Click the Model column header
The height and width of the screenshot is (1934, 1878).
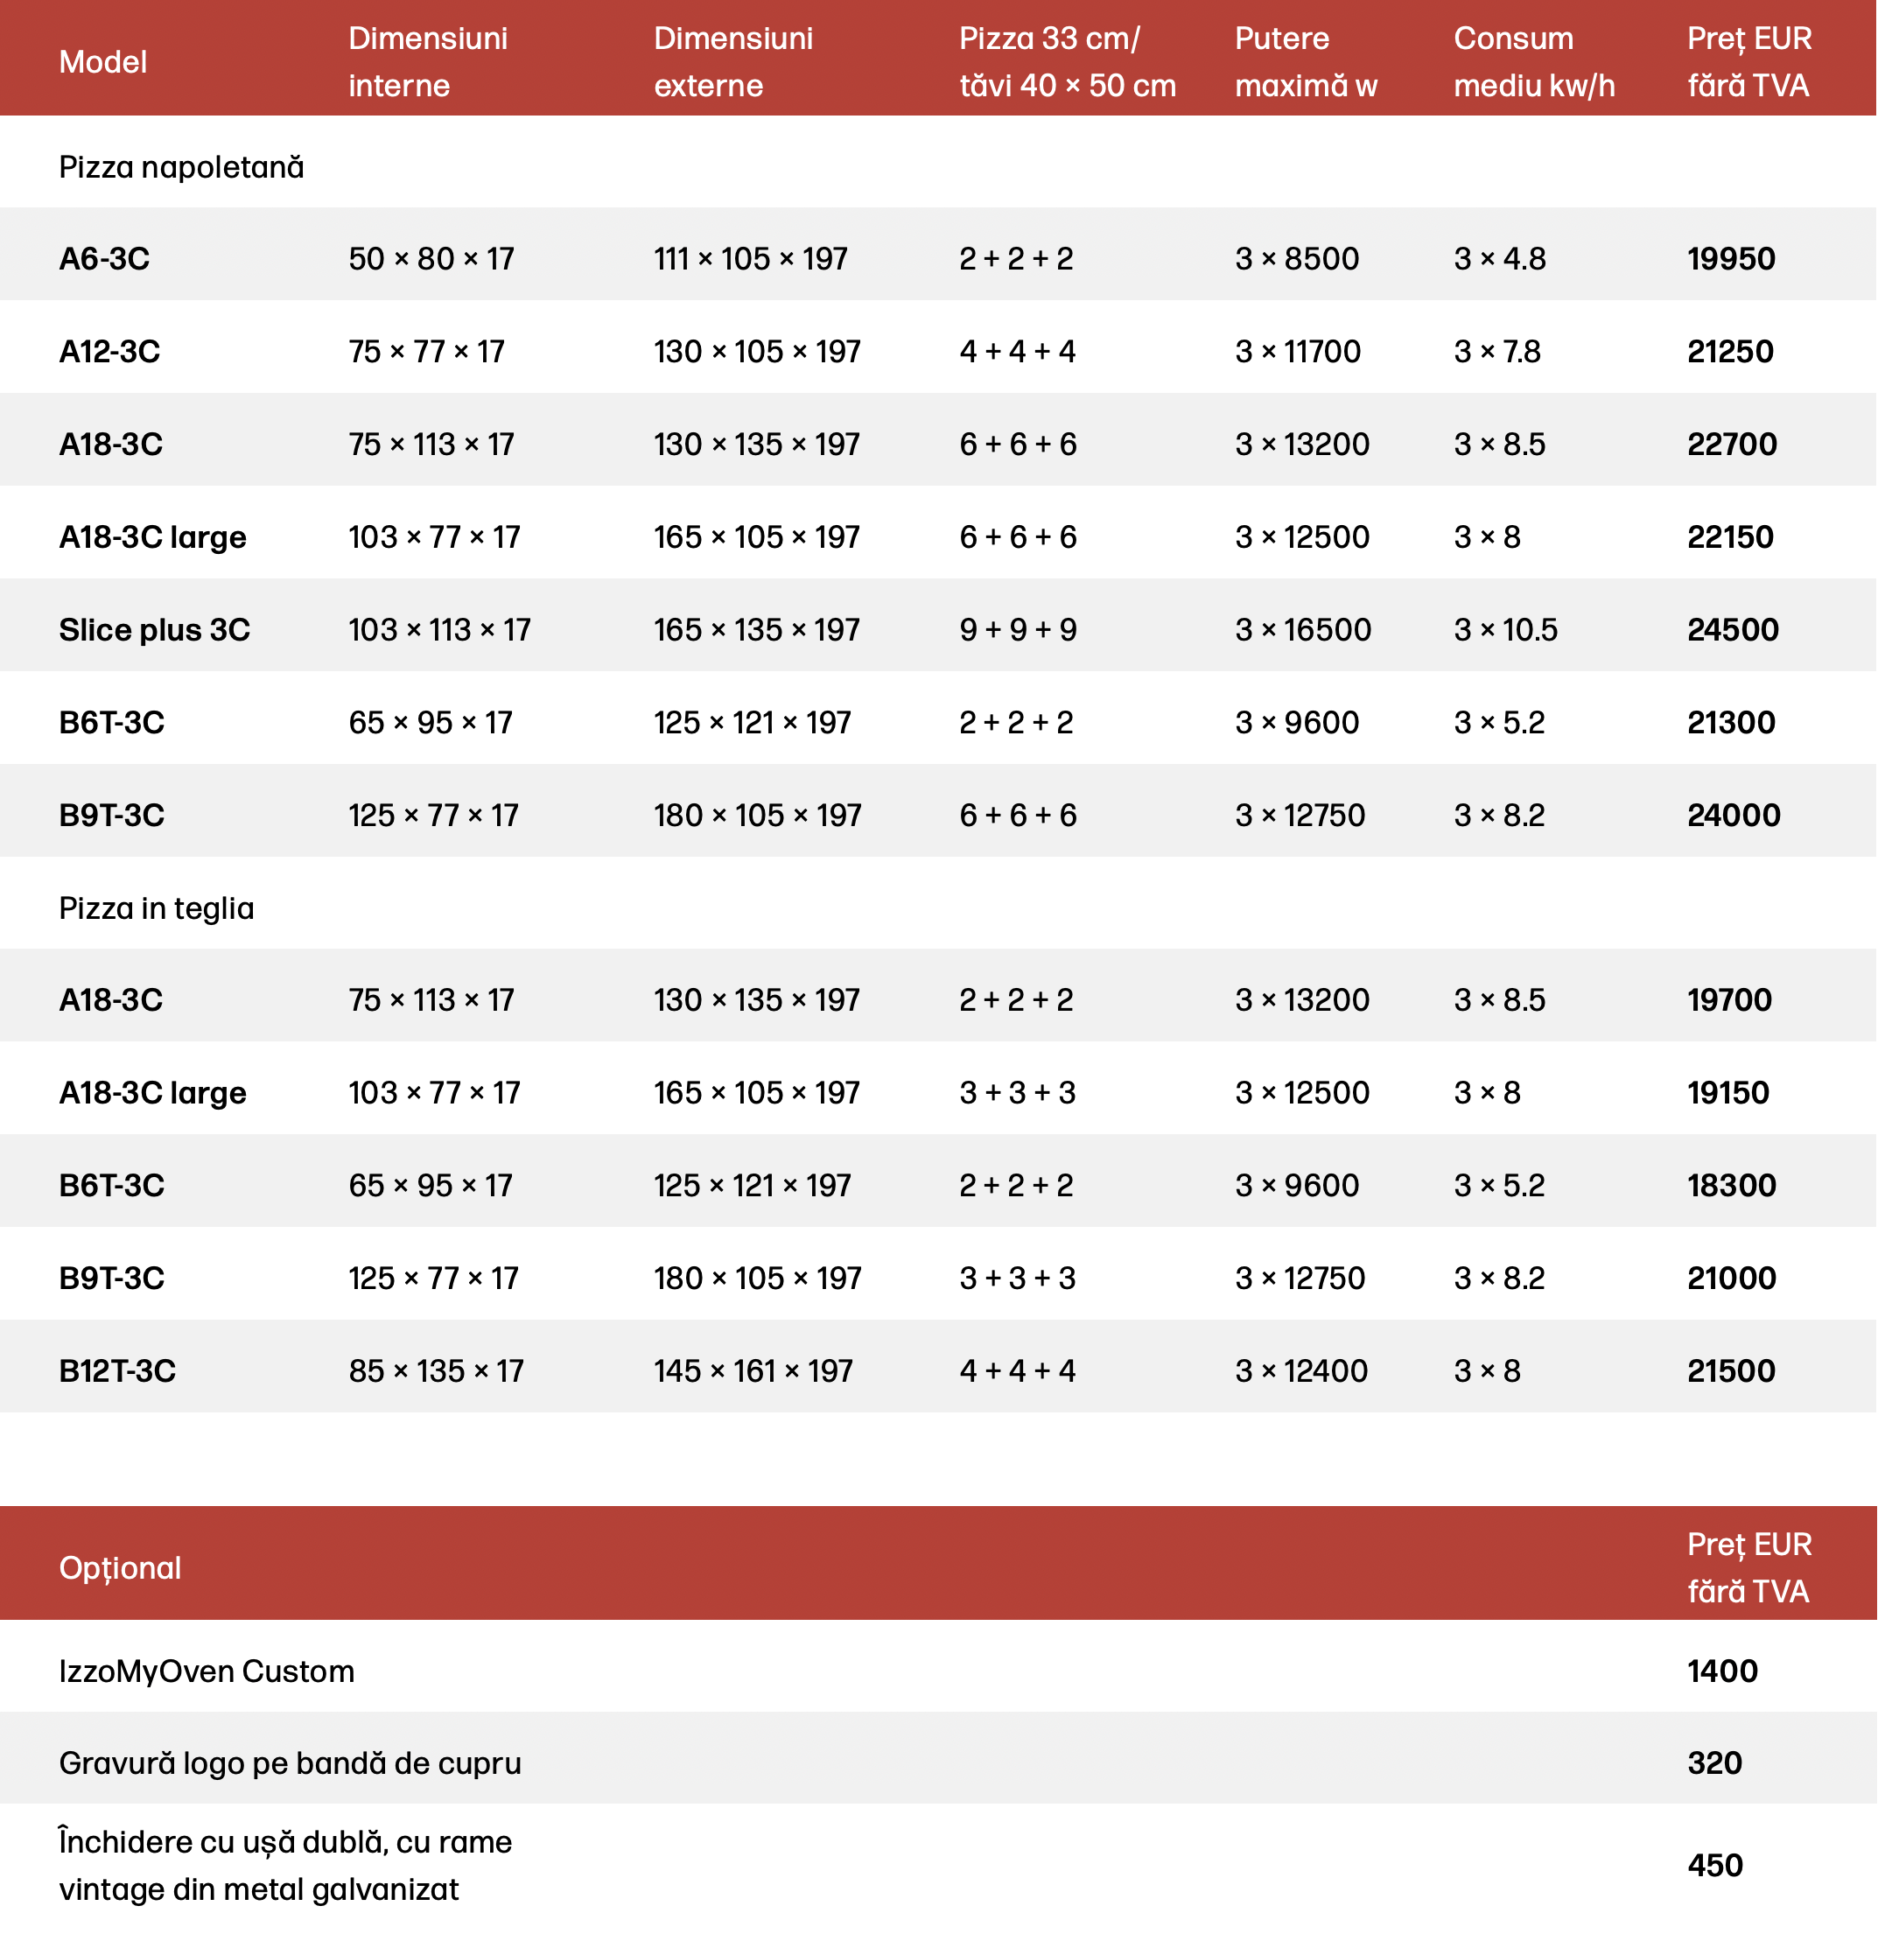(102, 62)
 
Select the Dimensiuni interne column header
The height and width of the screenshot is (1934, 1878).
(427, 61)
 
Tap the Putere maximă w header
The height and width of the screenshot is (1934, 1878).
(1305, 61)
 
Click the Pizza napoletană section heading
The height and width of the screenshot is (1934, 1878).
(180, 167)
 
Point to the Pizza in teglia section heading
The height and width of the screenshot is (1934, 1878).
(156, 907)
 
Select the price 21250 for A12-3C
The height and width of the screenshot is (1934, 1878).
(1729, 351)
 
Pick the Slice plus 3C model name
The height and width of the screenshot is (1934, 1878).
(154, 629)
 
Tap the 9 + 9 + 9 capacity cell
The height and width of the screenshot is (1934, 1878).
(1018, 629)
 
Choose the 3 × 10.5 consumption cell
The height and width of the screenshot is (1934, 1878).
(1504, 629)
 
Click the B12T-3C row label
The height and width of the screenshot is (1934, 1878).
(116, 1370)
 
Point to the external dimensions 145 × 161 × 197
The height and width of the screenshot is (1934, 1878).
(752, 1370)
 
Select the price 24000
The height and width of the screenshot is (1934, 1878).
(1733, 815)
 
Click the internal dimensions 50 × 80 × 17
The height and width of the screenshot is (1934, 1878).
(431, 258)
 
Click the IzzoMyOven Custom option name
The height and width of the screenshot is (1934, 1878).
(207, 1671)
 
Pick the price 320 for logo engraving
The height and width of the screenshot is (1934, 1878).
(1714, 1763)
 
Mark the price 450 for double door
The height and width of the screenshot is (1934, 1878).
(1714, 1865)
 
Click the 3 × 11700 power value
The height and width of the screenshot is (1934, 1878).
(1297, 351)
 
